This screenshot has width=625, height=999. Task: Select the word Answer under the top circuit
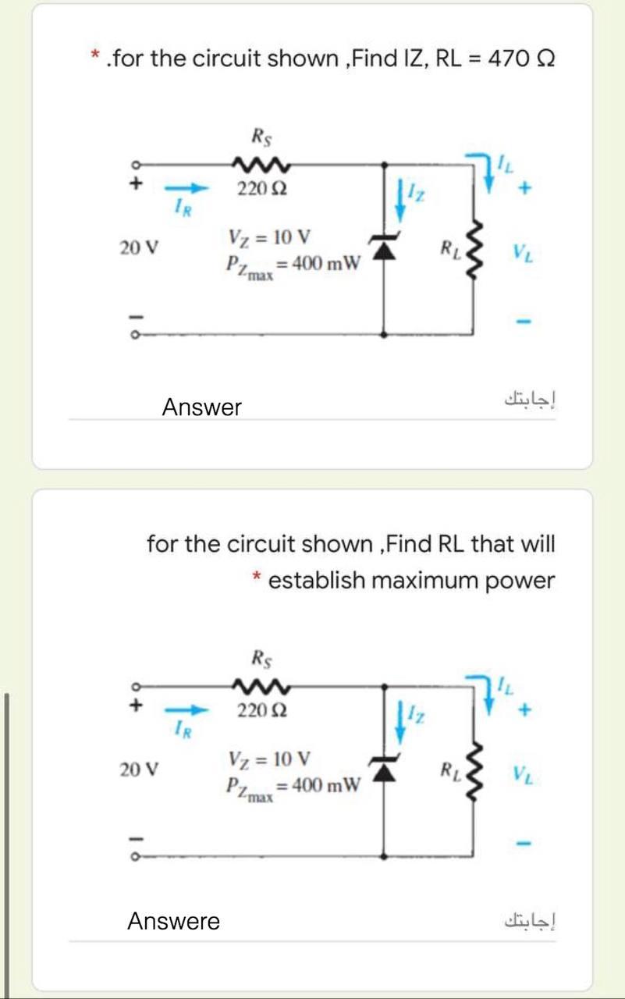coord(201,407)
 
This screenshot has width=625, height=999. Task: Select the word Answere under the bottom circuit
coord(173,922)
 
